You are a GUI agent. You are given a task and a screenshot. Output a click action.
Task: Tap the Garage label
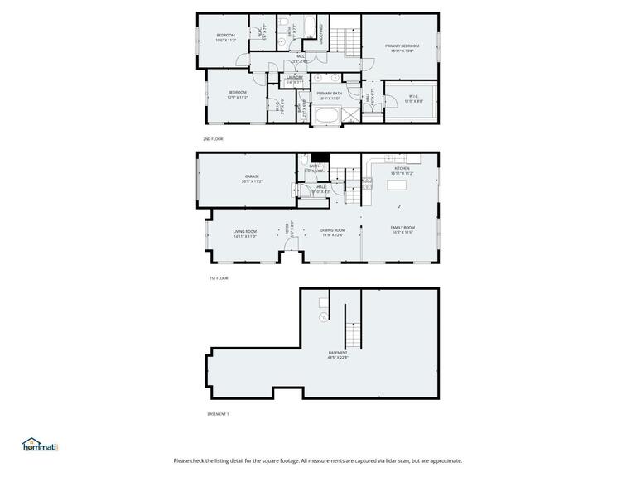(252, 178)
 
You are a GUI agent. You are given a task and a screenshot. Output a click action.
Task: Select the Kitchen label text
(402, 170)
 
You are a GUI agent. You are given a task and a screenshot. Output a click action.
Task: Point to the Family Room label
(402, 229)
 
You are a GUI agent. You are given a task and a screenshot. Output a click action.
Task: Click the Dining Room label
(332, 233)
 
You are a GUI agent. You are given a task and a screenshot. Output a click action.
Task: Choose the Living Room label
(244, 234)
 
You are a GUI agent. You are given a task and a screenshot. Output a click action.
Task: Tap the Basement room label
(337, 354)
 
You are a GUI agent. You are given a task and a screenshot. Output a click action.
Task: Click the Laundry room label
(295, 81)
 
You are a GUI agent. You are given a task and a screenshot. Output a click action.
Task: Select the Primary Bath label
(330, 96)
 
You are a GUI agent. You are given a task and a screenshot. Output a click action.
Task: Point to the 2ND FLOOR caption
(213, 138)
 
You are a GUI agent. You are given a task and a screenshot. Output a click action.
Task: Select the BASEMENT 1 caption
(218, 413)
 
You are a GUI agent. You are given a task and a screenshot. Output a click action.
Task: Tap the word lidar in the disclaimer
(380, 460)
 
